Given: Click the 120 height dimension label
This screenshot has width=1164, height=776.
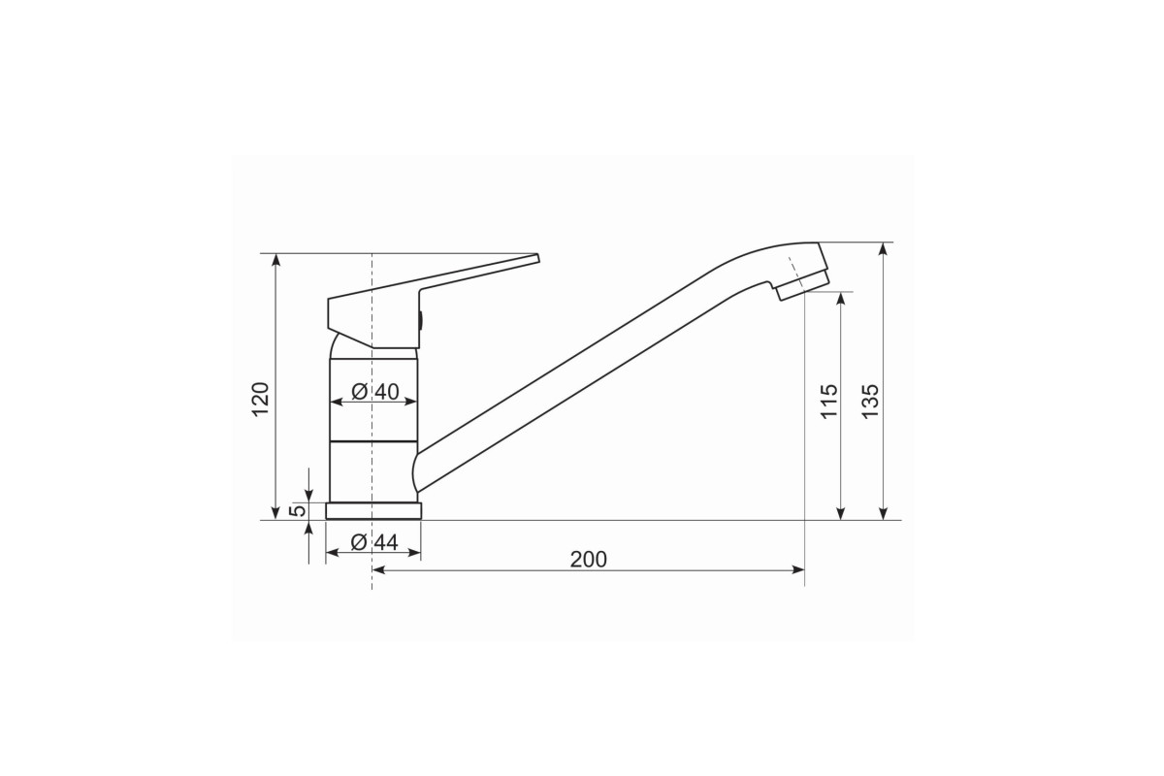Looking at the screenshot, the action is click(x=260, y=399).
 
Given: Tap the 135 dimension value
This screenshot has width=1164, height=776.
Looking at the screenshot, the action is click(x=870, y=401).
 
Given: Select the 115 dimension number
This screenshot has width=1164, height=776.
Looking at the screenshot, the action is click(x=828, y=401).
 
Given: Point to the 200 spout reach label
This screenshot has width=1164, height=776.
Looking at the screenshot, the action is click(x=588, y=560).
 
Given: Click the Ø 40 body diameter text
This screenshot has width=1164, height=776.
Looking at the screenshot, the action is click(x=374, y=391).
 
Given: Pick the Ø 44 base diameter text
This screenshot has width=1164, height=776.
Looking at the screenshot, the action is click(x=374, y=542).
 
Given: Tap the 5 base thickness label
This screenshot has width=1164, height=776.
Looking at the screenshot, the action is click(x=298, y=510).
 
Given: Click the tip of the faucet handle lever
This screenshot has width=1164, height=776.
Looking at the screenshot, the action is click(x=537, y=258).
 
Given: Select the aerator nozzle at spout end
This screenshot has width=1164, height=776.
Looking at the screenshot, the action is click(x=803, y=284).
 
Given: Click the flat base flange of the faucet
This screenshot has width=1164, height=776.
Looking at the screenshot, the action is click(x=373, y=511).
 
